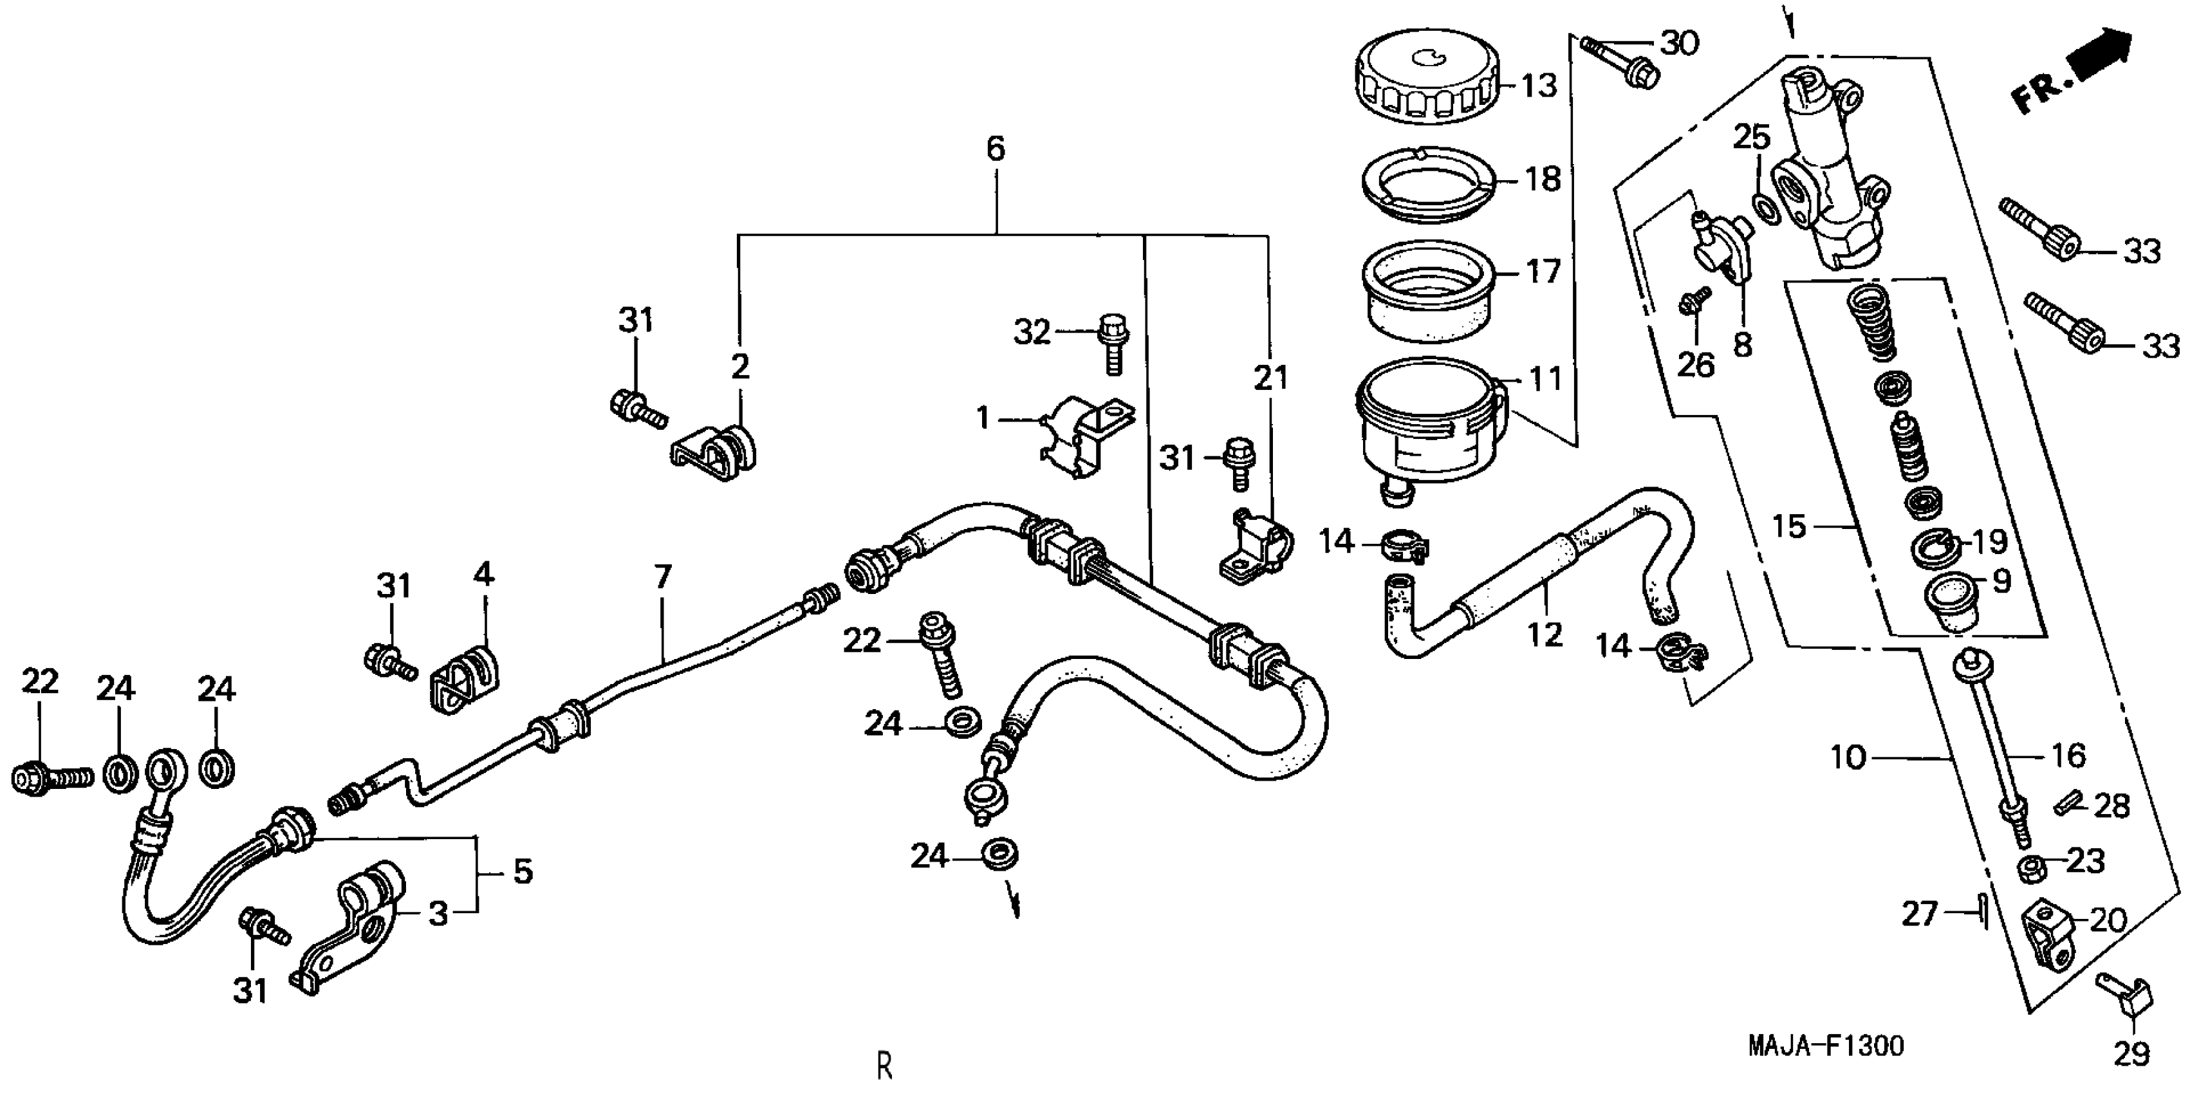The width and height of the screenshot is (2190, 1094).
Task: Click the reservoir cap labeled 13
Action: point(1425,82)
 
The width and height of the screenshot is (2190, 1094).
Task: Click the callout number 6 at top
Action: point(996,149)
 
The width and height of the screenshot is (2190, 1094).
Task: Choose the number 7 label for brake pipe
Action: point(663,577)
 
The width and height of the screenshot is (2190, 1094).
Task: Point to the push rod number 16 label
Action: point(2068,755)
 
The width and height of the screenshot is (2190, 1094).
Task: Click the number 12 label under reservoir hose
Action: point(1545,633)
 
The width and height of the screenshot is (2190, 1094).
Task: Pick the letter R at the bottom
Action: point(885,1065)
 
